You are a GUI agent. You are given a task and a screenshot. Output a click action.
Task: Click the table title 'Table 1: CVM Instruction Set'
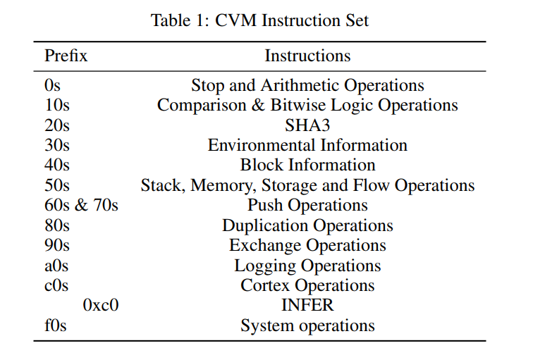pyautogui.click(x=259, y=20)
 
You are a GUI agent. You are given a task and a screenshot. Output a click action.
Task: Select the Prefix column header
pyautogui.click(x=66, y=56)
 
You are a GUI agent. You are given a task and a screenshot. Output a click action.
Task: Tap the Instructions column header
pyautogui.click(x=307, y=56)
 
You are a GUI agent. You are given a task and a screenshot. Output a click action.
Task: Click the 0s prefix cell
pyautogui.click(x=52, y=85)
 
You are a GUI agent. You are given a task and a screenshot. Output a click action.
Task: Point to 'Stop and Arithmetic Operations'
pyautogui.click(x=307, y=85)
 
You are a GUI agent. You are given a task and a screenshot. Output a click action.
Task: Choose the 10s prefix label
pyautogui.click(x=57, y=105)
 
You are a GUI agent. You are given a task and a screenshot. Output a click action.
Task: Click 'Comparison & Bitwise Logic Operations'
pyautogui.click(x=307, y=105)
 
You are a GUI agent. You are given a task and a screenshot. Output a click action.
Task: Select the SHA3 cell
pyautogui.click(x=307, y=125)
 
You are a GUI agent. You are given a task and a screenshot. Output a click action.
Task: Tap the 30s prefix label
pyautogui.click(x=57, y=145)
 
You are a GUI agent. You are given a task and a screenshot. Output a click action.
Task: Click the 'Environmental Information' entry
pyautogui.click(x=307, y=145)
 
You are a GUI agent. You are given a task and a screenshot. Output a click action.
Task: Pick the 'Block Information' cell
pyautogui.click(x=307, y=165)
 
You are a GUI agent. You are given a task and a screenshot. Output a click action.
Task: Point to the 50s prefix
pyautogui.click(x=57, y=185)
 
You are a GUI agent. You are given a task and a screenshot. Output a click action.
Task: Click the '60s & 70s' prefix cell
pyautogui.click(x=81, y=205)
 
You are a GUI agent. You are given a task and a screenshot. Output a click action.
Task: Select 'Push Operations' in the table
pyautogui.click(x=307, y=206)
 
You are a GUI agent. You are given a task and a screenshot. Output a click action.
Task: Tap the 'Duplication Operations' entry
pyautogui.click(x=307, y=225)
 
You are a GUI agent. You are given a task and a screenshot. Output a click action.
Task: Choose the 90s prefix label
pyautogui.click(x=57, y=245)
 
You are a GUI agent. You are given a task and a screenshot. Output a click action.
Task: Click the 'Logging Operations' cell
pyautogui.click(x=307, y=266)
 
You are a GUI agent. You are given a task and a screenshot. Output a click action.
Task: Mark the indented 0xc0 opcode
pyautogui.click(x=101, y=305)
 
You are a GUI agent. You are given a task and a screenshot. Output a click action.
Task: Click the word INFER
pyautogui.click(x=307, y=305)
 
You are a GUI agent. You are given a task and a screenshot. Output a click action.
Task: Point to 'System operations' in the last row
pyautogui.click(x=307, y=325)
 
